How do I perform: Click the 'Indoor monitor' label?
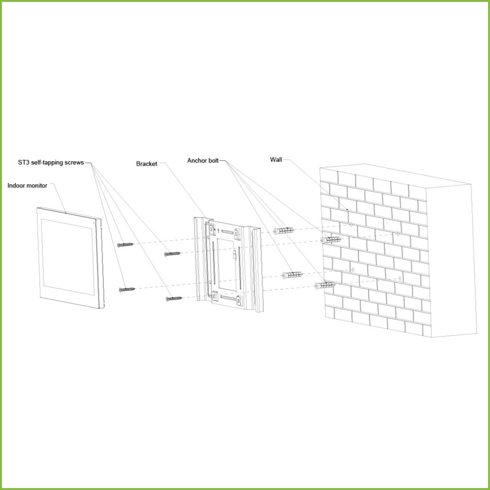pyautogui.click(x=27, y=186)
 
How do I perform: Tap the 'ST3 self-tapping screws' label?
pyautogui.click(x=51, y=163)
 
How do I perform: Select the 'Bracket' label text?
pyautogui.click(x=146, y=164)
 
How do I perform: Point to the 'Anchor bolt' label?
pyautogui.click(x=203, y=161)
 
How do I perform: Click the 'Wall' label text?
pyautogui.click(x=276, y=160)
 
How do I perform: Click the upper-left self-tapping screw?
pyautogui.click(x=125, y=245)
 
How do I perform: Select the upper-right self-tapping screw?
pyautogui.click(x=172, y=254)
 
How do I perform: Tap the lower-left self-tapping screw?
pyautogui.click(x=127, y=290)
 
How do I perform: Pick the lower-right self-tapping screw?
pyautogui.click(x=174, y=299)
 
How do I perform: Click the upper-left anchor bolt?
pyautogui.click(x=283, y=231)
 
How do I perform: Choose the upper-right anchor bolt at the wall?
pyautogui.click(x=331, y=240)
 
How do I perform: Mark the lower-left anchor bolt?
pyautogui.click(x=292, y=275)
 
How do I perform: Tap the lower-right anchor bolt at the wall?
pyautogui.click(x=325, y=285)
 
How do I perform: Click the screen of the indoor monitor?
pyautogui.click(x=68, y=257)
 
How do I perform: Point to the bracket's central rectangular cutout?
pyautogui.click(x=226, y=264)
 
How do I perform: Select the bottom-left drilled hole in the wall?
pyautogui.click(x=353, y=269)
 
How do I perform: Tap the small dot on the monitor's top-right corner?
pyautogui.click(x=94, y=223)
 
